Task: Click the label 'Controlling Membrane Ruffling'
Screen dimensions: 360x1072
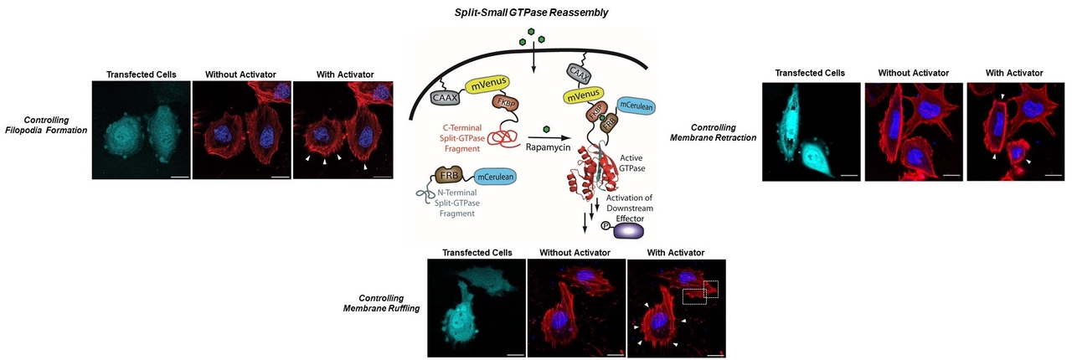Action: pyautogui.click(x=381, y=303)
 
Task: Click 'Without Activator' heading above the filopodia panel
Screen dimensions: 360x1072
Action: pyautogui.click(x=240, y=75)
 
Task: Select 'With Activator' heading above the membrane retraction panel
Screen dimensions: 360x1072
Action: pyautogui.click(x=1014, y=73)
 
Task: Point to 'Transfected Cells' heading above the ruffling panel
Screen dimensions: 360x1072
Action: pyautogui.click(x=477, y=252)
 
